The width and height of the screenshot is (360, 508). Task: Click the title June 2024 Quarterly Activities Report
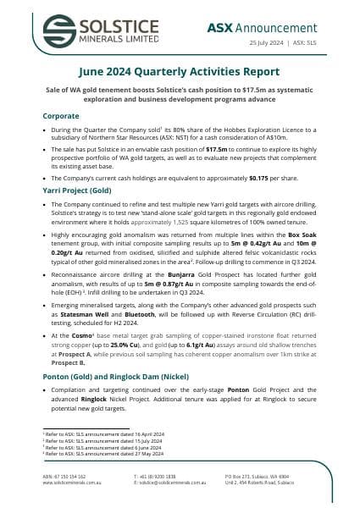point(180,73)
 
